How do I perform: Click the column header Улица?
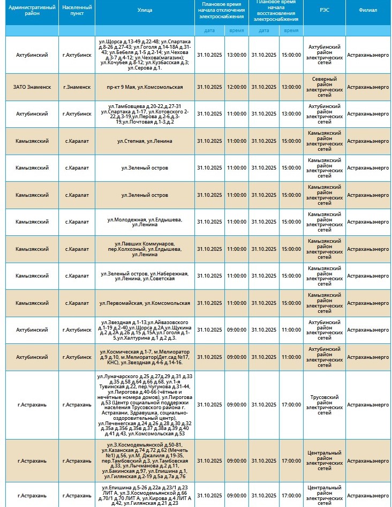[145, 10]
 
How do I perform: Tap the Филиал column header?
[368, 10]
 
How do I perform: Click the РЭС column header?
[325, 10]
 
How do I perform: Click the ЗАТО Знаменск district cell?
[32, 87]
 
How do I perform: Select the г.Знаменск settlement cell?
[77, 87]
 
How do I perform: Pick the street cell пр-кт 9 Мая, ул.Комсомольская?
[145, 87]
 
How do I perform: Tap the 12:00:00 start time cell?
[236, 87]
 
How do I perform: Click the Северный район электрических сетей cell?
[325, 87]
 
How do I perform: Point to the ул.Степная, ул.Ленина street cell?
[145, 141]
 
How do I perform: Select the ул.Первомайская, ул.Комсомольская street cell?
[145, 303]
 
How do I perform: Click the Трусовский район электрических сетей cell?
[325, 405]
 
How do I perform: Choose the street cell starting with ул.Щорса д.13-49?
[145, 55]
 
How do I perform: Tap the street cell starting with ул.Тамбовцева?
[145, 114]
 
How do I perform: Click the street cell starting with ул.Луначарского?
[145, 405]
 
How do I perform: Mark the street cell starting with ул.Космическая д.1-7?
[145, 357]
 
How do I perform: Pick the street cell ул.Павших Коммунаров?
[145, 249]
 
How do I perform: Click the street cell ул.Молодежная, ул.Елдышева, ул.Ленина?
[145, 222]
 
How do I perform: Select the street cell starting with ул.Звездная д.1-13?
[145, 330]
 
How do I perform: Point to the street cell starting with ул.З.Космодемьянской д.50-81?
[145, 460]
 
